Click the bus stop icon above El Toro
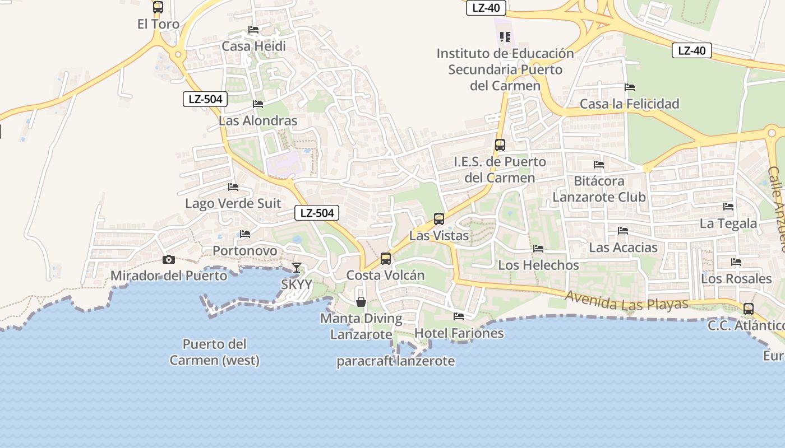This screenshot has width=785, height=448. (x=158, y=7)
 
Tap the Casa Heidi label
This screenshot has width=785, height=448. (x=254, y=46)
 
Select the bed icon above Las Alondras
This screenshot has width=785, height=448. (x=258, y=104)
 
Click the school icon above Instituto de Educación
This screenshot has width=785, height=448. (x=505, y=37)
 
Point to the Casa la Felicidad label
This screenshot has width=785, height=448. (x=629, y=104)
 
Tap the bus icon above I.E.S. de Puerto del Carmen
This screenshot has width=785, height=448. (x=500, y=145)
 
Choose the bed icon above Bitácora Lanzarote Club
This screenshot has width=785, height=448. (x=599, y=165)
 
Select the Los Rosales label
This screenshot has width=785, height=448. (x=736, y=278)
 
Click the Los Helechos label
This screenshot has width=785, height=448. (x=538, y=265)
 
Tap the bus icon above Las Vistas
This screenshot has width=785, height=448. (x=439, y=219)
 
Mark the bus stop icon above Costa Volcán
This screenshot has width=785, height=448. (x=386, y=259)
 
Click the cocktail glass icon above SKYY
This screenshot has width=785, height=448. (x=297, y=268)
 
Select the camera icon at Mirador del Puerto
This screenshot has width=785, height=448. (x=168, y=259)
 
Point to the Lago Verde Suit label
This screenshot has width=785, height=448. (x=233, y=203)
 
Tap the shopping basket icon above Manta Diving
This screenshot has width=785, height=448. (x=361, y=302)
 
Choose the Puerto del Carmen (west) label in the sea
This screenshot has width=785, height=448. (x=215, y=352)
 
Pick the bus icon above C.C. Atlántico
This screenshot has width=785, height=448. (x=749, y=309)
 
